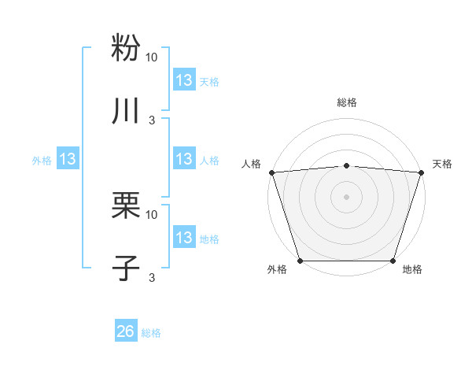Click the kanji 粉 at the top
126,46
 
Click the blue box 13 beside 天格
184,80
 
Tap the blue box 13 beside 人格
184,159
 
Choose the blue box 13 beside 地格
184,238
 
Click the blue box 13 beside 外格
68,159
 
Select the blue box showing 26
126,331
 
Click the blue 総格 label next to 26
152,333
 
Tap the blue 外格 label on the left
42,161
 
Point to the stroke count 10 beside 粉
152,57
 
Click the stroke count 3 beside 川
152,120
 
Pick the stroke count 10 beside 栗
152,214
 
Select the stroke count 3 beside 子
152,277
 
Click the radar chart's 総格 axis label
346,102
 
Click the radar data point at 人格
271,172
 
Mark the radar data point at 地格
393,261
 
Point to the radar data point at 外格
300,261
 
